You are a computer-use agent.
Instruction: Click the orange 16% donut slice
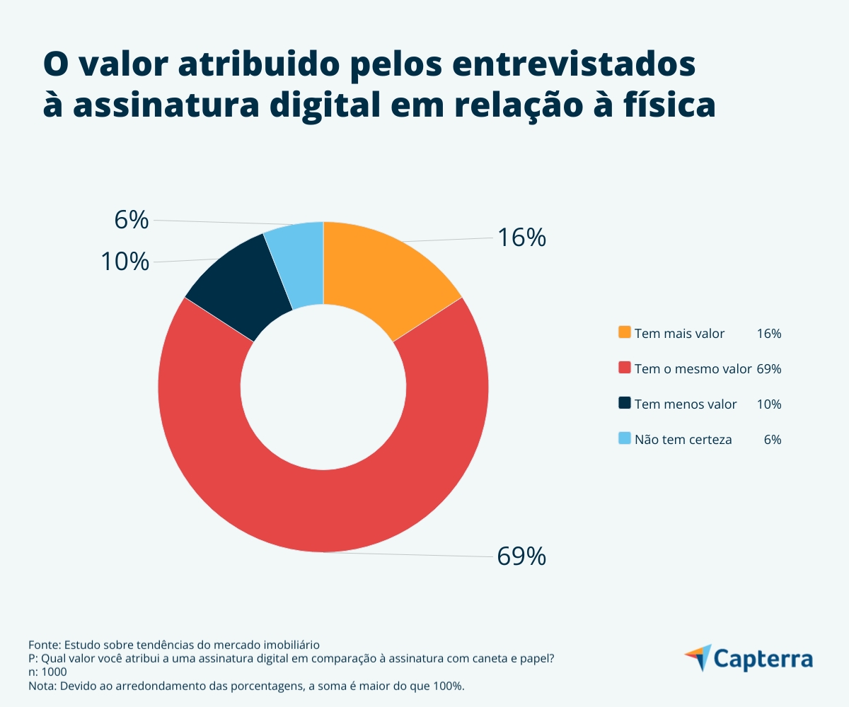pos(382,276)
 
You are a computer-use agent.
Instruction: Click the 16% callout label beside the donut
pos(521,238)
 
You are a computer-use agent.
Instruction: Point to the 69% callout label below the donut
pos(521,556)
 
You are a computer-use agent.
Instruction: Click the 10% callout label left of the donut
pos(125,262)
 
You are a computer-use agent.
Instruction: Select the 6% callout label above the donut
pos(132,221)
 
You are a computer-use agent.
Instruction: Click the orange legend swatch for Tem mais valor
pos(624,332)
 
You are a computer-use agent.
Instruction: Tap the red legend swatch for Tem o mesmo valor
pos(624,368)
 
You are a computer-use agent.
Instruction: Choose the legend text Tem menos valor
pos(686,404)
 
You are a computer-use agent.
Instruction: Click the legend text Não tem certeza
pos(683,439)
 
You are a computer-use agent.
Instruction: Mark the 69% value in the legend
pos(768,368)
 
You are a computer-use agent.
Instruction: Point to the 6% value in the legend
pos(773,439)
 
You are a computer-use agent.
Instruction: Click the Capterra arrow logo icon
pos(698,657)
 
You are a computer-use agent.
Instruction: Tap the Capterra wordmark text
pos(763,658)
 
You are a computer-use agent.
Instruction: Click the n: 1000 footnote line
pos(48,672)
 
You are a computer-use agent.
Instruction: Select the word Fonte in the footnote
pos(45,645)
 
